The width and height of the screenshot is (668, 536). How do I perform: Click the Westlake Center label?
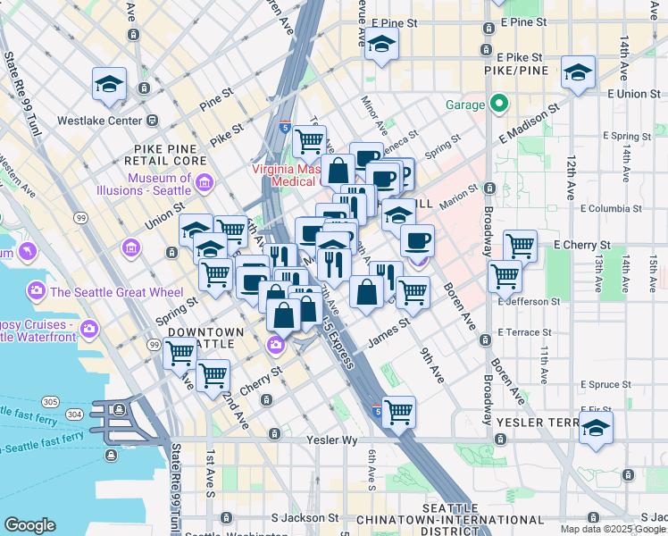[x=100, y=120]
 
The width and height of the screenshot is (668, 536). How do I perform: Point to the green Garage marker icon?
[x=497, y=105]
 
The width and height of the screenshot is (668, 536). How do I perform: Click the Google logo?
[x=30, y=525]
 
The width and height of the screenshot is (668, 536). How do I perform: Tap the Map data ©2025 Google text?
[x=613, y=529]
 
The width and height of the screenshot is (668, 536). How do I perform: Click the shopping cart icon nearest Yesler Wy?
[x=398, y=412]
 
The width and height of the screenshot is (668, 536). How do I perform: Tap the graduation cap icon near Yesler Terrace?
[x=596, y=427]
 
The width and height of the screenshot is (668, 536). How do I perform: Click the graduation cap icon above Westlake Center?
[x=109, y=84]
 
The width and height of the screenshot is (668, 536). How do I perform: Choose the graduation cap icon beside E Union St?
[x=578, y=73]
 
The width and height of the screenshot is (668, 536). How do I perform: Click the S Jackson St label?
[x=305, y=517]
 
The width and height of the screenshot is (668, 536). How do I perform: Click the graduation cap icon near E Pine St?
[x=381, y=44]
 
